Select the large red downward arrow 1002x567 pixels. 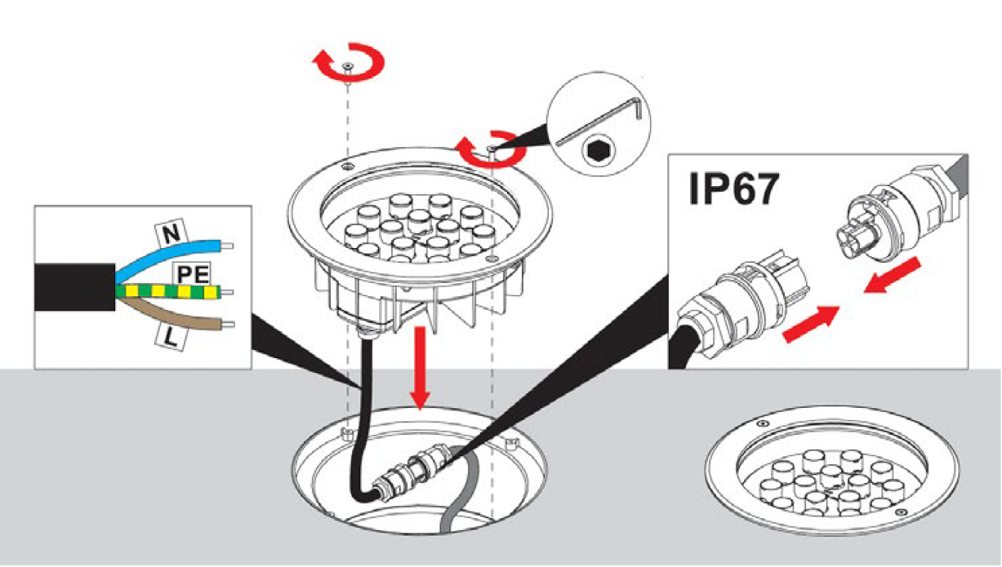[x=421, y=367]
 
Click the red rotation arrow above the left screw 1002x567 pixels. [x=350, y=64]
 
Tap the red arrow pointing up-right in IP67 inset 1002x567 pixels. [x=810, y=324]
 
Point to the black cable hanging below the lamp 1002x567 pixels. [x=363, y=408]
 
